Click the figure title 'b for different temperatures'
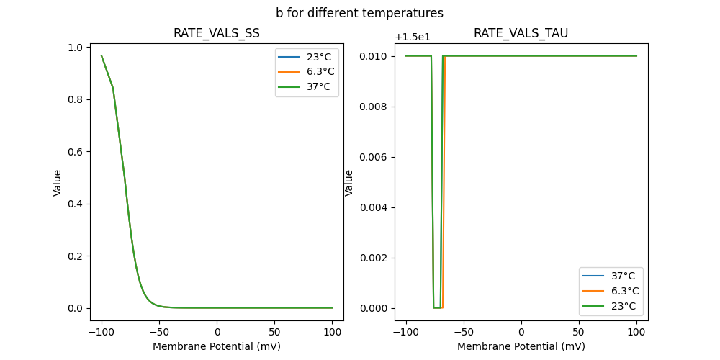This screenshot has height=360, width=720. coord(359,13)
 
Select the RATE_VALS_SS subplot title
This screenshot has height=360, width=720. coord(217,33)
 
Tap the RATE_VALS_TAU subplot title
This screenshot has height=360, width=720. coord(521,33)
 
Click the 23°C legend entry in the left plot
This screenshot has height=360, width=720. coord(317,57)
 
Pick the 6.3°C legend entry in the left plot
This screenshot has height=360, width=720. coord(317,72)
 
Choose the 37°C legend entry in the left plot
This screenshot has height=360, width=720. coord(317,87)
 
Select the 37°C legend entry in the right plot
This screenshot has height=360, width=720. coord(623,276)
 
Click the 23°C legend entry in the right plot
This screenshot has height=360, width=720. coord(623,306)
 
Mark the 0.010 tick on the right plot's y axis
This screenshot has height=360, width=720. coord(373,56)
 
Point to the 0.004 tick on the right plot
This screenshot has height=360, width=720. coord(373,207)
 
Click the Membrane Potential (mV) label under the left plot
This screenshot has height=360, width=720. coord(217,346)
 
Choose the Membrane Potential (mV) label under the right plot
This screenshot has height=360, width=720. coord(521,346)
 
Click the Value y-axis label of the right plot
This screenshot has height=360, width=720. coord(349,183)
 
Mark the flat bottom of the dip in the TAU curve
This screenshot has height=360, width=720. coord(438,307)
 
